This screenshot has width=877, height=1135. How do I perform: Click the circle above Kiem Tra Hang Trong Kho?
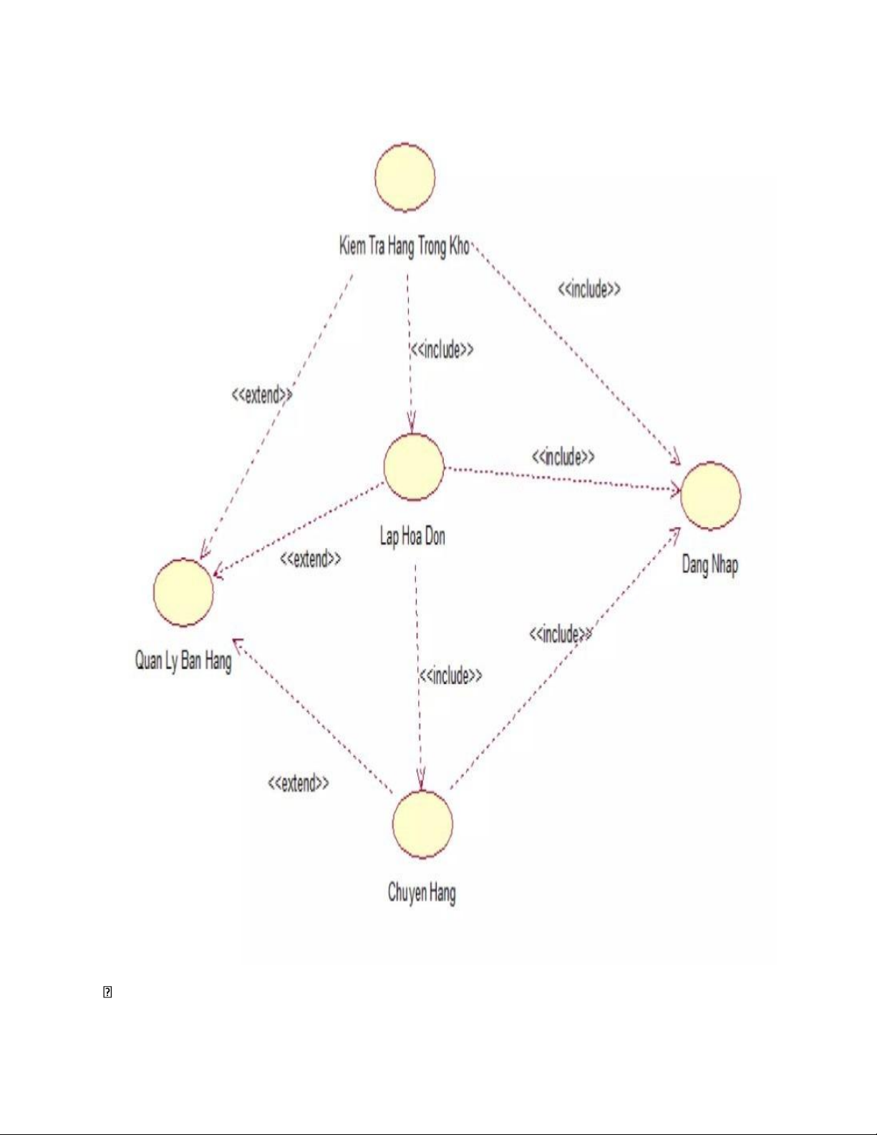404,177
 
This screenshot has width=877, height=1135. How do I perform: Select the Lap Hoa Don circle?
413,467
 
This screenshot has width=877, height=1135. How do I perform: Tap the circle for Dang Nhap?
710,496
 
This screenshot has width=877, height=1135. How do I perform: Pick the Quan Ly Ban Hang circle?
183,593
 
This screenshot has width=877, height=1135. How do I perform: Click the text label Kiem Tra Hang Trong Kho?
404,246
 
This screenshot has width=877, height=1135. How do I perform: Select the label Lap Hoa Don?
412,536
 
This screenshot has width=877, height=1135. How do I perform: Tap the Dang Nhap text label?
709,565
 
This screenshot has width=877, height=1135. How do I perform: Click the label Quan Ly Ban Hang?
183,660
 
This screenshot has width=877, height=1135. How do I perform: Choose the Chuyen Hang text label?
422,893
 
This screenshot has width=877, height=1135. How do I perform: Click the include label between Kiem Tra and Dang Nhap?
588,289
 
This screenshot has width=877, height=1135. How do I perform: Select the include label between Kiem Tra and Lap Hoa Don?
442,349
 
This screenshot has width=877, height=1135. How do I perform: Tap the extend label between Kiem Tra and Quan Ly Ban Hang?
262,395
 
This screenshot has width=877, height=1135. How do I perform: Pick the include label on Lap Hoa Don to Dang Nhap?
563,457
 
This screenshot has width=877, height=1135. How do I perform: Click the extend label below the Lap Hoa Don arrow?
310,559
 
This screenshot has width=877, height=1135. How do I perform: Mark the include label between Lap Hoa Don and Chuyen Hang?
450,675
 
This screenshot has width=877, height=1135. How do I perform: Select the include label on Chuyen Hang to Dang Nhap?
561,634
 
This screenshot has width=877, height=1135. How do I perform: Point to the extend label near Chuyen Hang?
299,783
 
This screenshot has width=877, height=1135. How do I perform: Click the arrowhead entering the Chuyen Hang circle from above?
422,783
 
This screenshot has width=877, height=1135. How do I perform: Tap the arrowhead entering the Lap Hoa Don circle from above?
412,427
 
